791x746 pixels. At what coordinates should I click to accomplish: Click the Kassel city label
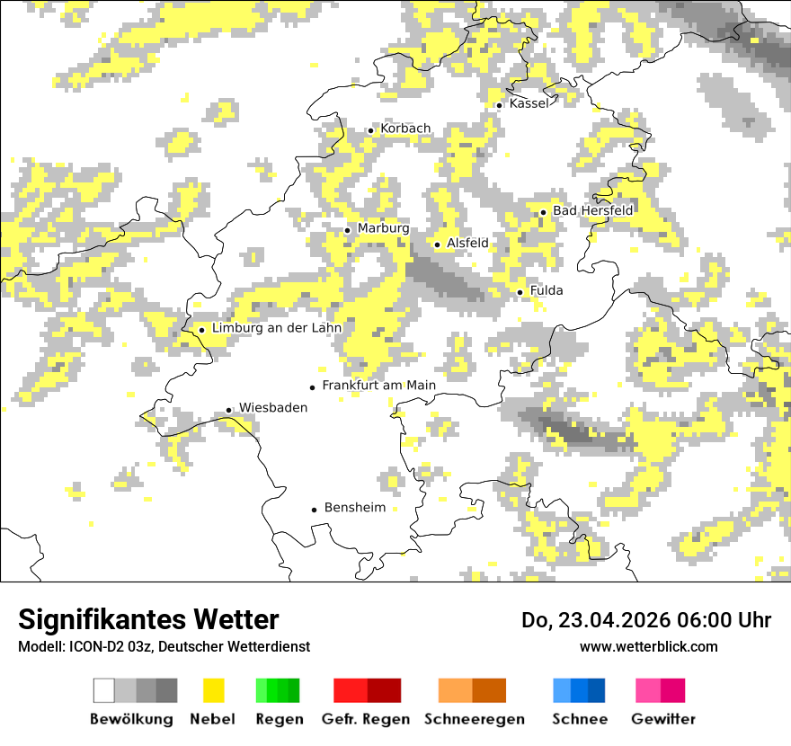[529, 103]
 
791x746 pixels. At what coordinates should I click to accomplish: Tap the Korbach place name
[405, 129]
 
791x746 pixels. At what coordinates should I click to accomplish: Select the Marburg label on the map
[383, 228]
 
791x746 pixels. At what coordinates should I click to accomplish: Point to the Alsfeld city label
[467, 243]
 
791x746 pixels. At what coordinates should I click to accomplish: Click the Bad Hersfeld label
[592, 210]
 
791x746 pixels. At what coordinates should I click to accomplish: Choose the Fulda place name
[547, 290]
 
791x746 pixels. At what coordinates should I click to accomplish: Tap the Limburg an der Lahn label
[277, 328]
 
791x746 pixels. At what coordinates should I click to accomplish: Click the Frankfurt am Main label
[378, 386]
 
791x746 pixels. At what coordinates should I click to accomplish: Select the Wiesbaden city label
[273, 407]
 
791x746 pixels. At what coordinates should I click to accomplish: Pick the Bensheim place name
[355, 508]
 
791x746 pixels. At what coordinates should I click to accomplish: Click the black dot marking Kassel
[499, 105]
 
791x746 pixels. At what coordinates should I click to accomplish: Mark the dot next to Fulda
[520, 292]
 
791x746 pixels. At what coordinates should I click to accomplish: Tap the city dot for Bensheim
[314, 510]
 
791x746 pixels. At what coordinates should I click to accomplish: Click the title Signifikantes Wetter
[148, 619]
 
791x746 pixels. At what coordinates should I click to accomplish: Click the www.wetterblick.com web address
[648, 646]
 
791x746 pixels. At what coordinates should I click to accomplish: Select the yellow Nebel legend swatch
[213, 690]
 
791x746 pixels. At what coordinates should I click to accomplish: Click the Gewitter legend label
[662, 719]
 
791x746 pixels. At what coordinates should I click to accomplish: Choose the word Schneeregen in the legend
[475, 719]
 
